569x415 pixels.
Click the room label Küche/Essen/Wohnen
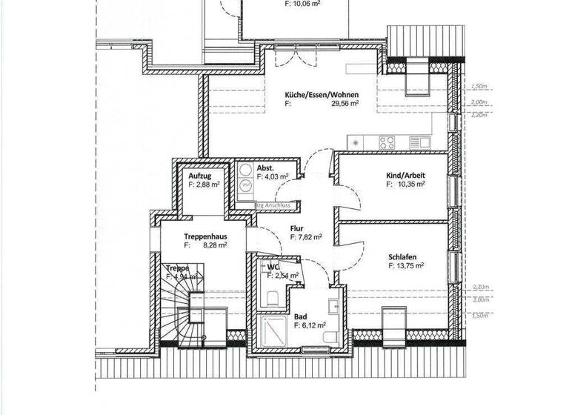(x=322, y=95)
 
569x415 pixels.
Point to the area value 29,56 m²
(x=345, y=104)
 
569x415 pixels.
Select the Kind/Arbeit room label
(x=405, y=176)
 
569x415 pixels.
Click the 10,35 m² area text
(x=409, y=185)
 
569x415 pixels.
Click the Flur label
(x=298, y=229)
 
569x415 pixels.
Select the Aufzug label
(x=200, y=176)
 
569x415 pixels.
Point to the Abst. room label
(x=265, y=169)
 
